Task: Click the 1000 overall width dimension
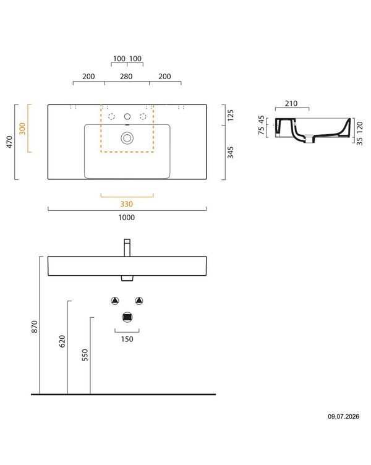click(127, 218)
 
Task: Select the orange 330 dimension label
click(127, 204)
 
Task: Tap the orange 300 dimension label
click(22, 129)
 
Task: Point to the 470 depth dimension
click(9, 142)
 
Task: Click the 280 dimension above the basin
click(126, 77)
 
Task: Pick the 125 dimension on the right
click(231, 116)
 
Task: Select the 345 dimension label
click(231, 152)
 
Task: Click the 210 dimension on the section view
click(291, 103)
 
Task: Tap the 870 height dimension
click(35, 326)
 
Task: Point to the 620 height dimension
click(62, 341)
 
